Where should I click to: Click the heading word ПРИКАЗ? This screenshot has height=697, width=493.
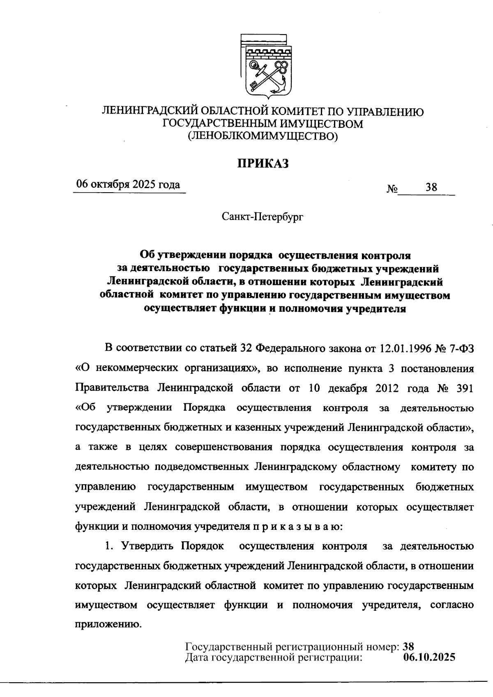(x=263, y=163)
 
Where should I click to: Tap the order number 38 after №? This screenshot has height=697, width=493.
(x=431, y=188)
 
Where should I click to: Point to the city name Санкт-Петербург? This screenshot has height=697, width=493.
(x=263, y=216)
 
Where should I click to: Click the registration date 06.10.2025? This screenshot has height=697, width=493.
(x=429, y=658)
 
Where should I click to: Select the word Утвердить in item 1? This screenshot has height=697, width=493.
(x=146, y=546)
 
